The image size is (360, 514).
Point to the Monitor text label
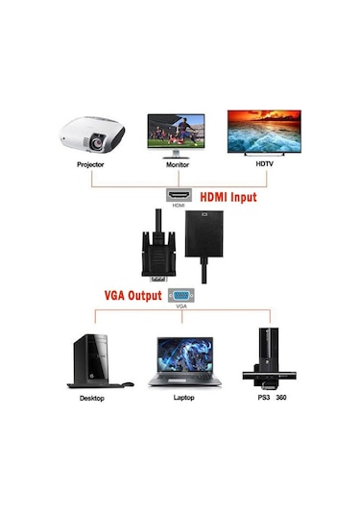coord(177,164)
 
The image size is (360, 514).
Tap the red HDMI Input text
coord(229,198)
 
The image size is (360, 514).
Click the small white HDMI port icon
coord(179,194)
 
